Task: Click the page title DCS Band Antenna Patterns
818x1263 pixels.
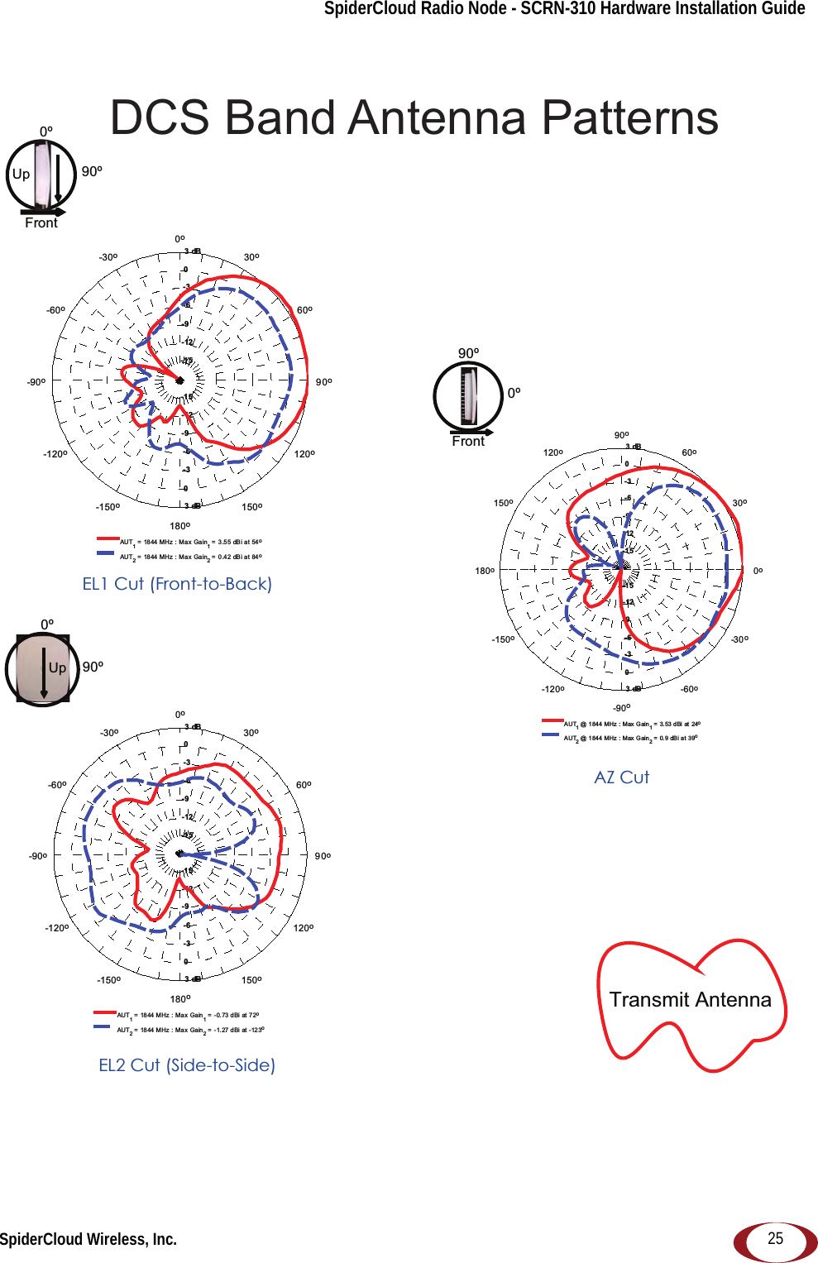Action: coord(414,117)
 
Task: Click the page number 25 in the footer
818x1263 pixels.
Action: coord(775,1238)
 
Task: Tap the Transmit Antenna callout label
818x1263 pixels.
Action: coord(690,999)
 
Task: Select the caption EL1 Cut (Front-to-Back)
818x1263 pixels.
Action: coord(177,584)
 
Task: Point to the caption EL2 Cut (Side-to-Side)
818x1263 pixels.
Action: coord(187,1065)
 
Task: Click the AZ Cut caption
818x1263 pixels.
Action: coord(622,777)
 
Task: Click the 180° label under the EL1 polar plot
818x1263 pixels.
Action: coord(179,526)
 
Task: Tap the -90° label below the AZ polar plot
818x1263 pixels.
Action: coord(621,708)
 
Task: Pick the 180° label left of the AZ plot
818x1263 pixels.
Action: coord(485,571)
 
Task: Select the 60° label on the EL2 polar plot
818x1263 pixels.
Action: coord(304,785)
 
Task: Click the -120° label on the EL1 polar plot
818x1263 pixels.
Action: coord(55,454)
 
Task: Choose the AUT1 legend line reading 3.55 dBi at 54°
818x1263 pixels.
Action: coord(190,543)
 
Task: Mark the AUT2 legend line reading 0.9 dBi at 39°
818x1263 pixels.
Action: coord(630,739)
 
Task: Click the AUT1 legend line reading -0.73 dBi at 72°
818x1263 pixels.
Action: coord(188,1015)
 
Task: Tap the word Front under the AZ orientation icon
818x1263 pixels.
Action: coord(468,442)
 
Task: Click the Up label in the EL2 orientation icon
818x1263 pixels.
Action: coord(57,668)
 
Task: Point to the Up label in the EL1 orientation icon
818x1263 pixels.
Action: coord(21,175)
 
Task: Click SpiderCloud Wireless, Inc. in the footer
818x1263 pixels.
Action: coord(88,1239)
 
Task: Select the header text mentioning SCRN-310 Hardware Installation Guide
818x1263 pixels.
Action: coord(564,9)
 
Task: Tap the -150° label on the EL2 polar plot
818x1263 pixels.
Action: coord(108,980)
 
